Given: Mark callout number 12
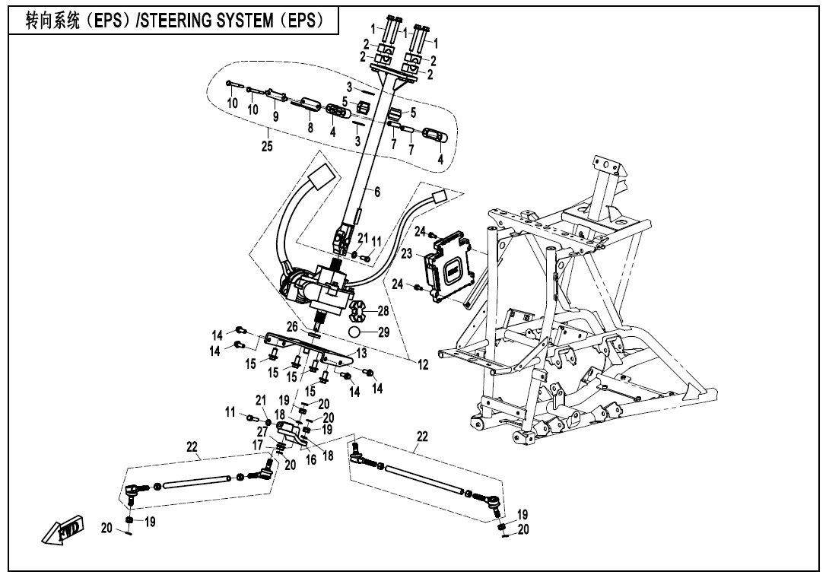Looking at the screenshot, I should (x=422, y=364).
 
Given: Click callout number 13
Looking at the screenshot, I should (x=361, y=353).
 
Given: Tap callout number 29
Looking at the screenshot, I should (x=383, y=332).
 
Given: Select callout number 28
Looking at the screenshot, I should (x=383, y=310).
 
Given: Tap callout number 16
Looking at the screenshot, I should (x=310, y=461).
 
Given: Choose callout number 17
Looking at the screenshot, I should (x=258, y=445).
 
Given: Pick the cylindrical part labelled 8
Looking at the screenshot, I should (x=311, y=103).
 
